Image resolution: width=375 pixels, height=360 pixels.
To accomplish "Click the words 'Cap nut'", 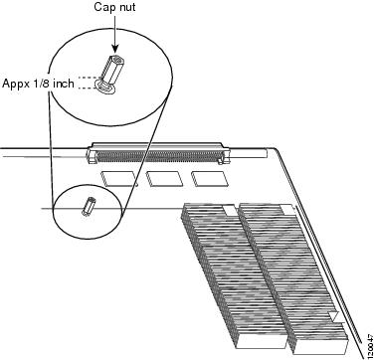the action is coord(114,7).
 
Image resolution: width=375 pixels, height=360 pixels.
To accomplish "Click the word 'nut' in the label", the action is coord(127,7).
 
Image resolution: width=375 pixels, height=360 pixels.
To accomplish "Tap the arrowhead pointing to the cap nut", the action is coord(114,50).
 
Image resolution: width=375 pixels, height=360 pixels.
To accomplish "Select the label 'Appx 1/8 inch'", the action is coord(38,84).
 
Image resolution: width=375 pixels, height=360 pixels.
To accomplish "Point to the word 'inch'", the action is coord(63,83).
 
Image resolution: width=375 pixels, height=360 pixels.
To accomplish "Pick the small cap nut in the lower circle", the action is coord(89,206).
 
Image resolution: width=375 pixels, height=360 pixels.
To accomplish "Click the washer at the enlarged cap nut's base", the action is coord(104,87).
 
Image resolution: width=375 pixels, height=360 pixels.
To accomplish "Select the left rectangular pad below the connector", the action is coord(119,178).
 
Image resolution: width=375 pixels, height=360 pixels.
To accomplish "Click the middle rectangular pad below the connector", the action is coord(164,178).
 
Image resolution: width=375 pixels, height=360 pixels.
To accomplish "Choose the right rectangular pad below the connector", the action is coord(209,178).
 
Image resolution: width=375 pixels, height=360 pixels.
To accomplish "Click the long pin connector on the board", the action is coord(158,153).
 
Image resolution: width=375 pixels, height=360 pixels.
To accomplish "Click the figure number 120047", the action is coord(370,345).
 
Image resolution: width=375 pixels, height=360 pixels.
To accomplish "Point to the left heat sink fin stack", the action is coord(234,276).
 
